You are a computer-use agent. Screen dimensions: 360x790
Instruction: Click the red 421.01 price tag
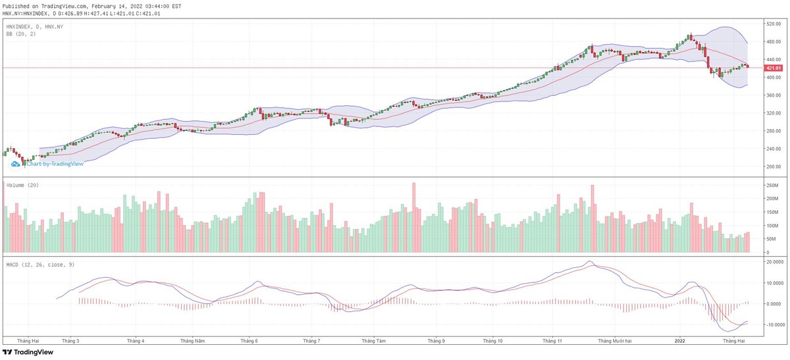click(x=773, y=68)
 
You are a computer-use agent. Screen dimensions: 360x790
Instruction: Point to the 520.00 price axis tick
click(x=773, y=24)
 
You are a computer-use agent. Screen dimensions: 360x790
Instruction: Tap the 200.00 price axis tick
click(x=773, y=167)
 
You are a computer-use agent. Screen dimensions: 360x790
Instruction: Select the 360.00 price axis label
click(x=773, y=95)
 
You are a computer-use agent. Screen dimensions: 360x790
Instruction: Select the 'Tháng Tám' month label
click(x=373, y=341)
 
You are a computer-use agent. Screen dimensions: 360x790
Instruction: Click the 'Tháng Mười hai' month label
click(x=615, y=341)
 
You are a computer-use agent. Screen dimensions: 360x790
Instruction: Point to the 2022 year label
click(x=680, y=341)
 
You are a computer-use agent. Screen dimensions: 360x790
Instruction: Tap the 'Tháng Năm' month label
click(x=193, y=341)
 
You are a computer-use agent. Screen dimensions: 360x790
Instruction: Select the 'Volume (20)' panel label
click(x=22, y=186)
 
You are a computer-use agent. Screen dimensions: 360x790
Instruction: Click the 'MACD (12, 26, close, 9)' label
click(x=38, y=265)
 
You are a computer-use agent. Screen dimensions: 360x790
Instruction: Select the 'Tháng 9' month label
click(x=436, y=341)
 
